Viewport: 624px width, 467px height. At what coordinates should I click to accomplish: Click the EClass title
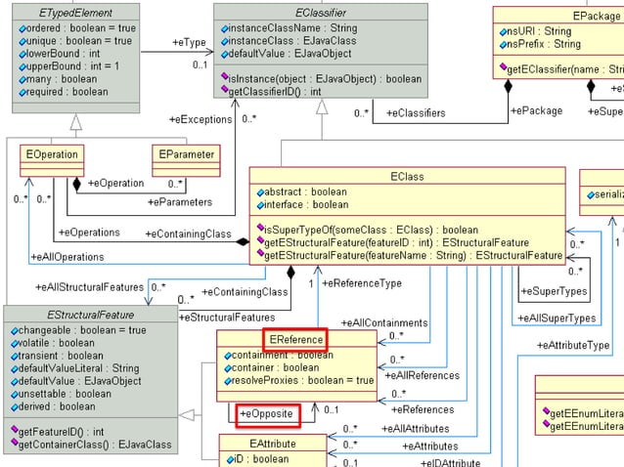pyautogui.click(x=406, y=177)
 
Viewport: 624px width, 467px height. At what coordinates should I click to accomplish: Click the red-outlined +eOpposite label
pyautogui.click(x=266, y=414)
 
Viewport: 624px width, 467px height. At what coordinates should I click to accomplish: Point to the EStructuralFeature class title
pyautogui.click(x=87, y=315)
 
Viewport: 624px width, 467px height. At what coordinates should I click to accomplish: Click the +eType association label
pyautogui.click(x=189, y=43)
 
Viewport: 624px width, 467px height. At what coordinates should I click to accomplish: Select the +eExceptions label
pyautogui.click(x=201, y=118)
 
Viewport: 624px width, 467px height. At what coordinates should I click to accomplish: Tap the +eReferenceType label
pyautogui.click(x=361, y=282)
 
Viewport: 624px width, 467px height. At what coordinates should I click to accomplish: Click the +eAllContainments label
pyautogui.click(x=383, y=322)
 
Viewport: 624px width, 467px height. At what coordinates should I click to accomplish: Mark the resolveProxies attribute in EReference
pyautogui.click(x=298, y=380)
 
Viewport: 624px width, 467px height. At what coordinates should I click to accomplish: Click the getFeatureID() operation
pyautogui.click(x=72, y=430)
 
